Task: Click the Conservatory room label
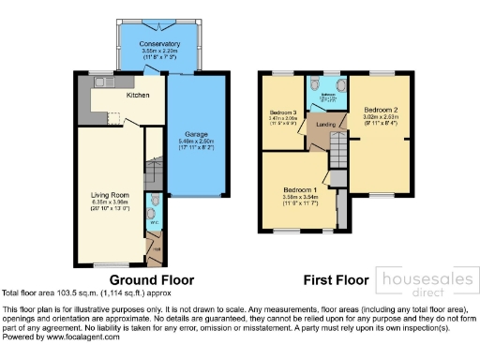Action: (x=159, y=44)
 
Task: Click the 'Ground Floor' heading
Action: (x=152, y=279)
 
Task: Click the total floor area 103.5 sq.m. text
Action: (x=82, y=293)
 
